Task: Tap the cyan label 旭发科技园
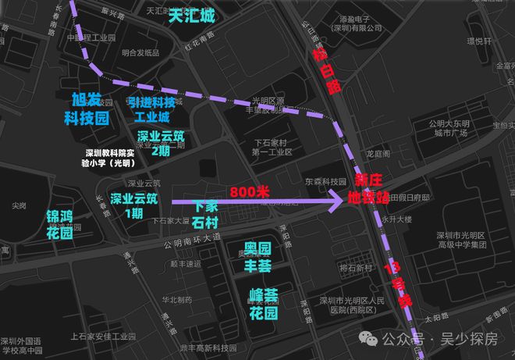click(x=86, y=110)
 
